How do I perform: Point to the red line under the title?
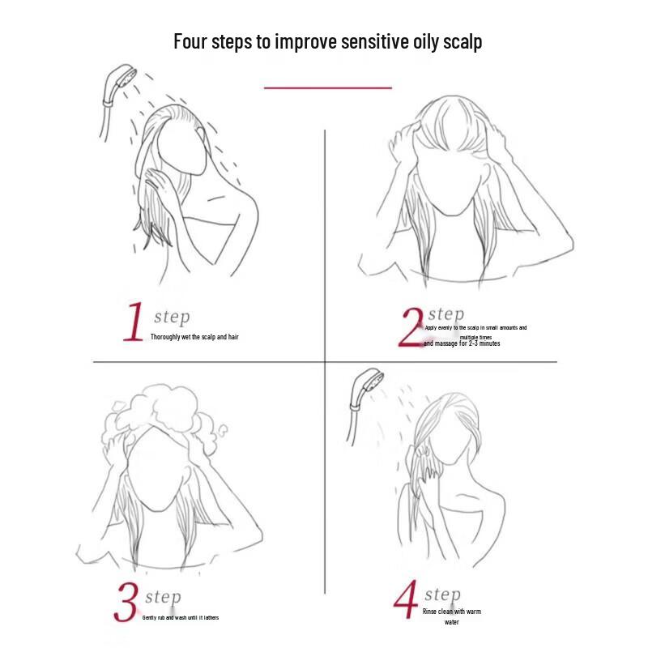tap(327, 87)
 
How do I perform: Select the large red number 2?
tap(411, 326)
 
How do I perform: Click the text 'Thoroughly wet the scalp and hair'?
tap(194, 336)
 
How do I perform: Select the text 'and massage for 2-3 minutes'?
tap(462, 343)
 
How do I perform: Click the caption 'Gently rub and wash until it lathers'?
tap(180, 618)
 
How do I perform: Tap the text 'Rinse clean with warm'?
tap(451, 612)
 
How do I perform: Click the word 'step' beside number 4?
tap(442, 595)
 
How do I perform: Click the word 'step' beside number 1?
tap(172, 318)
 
